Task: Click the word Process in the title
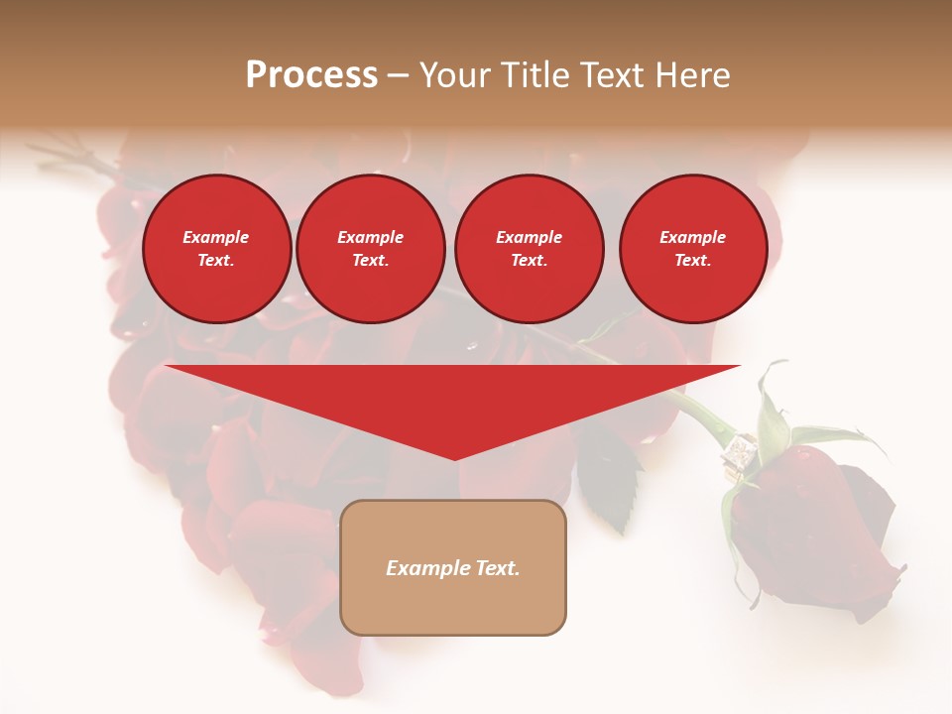coord(311,75)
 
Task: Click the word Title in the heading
coord(532,75)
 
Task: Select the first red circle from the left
coord(217,249)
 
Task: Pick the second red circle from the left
coord(371,249)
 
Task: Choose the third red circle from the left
coord(530,249)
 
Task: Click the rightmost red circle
coord(693,249)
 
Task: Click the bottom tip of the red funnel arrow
coord(454,457)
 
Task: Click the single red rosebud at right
coord(813,535)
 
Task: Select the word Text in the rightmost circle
coord(692,261)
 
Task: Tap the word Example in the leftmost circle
coord(216,237)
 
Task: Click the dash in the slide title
coord(398,75)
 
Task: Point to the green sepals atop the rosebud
coord(783,426)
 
